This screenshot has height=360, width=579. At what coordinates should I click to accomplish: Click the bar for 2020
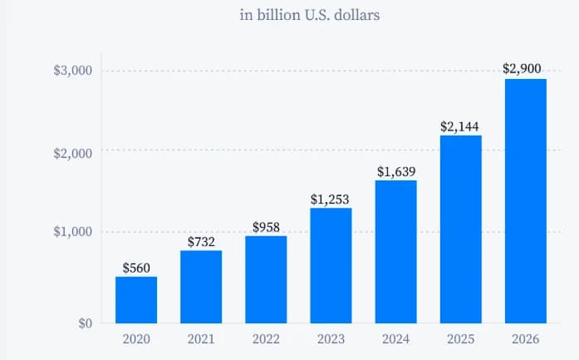(x=136, y=299)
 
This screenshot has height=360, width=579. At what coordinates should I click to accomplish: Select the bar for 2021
(x=201, y=287)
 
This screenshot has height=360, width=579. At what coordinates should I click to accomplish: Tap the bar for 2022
(x=266, y=279)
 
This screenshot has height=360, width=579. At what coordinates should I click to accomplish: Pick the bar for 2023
(x=331, y=265)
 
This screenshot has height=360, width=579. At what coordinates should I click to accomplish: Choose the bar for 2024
(x=395, y=251)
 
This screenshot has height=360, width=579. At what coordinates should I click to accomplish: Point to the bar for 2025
(x=460, y=229)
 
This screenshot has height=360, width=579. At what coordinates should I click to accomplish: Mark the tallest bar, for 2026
(x=525, y=200)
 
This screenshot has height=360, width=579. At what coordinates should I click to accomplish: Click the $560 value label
(x=136, y=268)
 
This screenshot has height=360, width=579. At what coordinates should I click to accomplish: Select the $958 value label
(x=266, y=227)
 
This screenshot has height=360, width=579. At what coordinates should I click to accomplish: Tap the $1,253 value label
(x=331, y=200)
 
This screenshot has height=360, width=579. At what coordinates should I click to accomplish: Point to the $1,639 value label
(x=395, y=172)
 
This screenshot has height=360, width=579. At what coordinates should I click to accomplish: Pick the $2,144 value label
(x=460, y=127)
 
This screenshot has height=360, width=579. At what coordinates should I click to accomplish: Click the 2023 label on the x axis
(x=331, y=339)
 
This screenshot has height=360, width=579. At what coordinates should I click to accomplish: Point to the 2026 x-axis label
(x=525, y=339)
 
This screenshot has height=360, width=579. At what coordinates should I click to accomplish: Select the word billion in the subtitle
(x=276, y=15)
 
